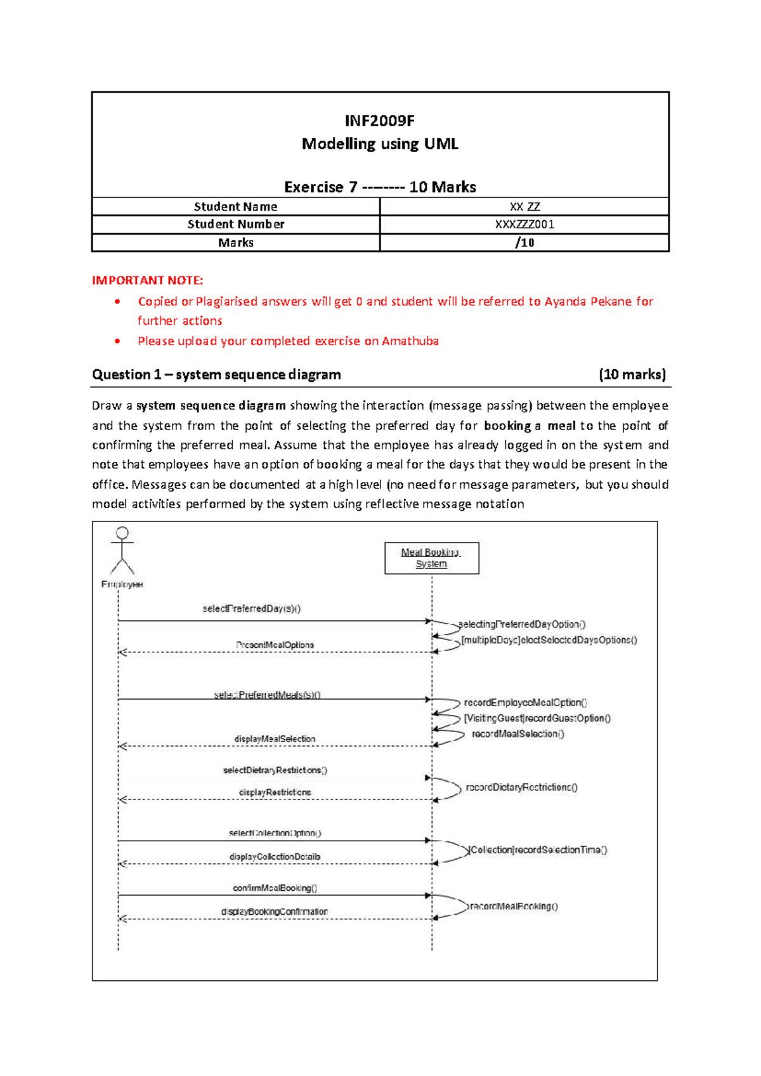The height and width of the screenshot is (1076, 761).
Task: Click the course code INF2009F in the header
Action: point(379,121)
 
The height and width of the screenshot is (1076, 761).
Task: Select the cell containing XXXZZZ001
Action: point(524,224)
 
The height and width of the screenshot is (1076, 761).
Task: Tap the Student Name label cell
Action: point(235,206)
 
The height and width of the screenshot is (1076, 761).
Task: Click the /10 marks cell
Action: point(524,242)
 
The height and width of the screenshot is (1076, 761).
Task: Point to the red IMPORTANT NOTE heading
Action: point(147,280)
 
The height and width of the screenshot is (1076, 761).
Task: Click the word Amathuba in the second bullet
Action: point(410,341)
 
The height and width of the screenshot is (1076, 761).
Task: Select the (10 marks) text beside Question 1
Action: point(632,374)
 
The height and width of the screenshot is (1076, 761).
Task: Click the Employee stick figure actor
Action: point(122,551)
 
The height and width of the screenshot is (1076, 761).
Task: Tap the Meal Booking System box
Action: point(431,558)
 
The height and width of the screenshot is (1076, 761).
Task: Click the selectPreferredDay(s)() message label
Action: point(251,608)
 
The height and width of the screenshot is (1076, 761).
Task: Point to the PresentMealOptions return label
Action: point(275,645)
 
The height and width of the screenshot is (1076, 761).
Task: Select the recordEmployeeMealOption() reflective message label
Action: point(525,702)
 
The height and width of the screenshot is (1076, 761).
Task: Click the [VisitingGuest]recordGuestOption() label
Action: point(537,718)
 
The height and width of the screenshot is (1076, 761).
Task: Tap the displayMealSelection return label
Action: point(275,738)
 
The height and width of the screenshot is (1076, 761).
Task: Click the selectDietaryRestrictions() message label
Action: point(275,770)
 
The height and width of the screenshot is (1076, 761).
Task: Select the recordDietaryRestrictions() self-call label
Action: point(521,787)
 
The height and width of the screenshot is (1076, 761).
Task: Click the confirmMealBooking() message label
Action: point(275,888)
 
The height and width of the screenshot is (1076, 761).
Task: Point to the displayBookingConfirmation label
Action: point(275,912)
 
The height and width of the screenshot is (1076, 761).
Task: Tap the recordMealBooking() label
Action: point(514,906)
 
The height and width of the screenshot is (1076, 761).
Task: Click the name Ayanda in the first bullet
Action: point(565,301)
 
